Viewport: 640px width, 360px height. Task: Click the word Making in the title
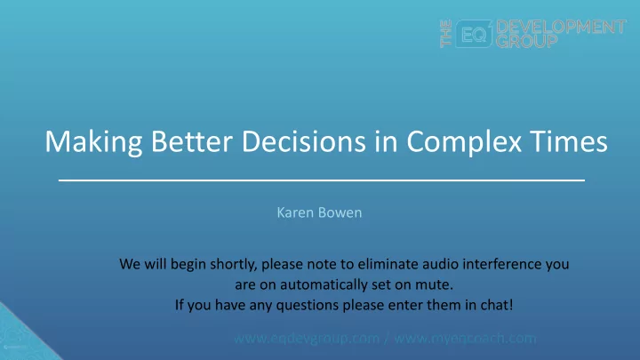[x=93, y=143]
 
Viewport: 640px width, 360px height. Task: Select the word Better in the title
[x=192, y=141]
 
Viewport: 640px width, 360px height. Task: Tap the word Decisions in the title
[x=304, y=141]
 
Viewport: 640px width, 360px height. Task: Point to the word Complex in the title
[x=464, y=143]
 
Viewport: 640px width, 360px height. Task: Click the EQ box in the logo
[x=474, y=34]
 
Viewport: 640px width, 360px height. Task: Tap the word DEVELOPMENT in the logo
[x=561, y=27]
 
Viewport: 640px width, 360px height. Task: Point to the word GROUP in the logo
[x=527, y=41]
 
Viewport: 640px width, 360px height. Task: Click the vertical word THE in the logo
[x=446, y=34]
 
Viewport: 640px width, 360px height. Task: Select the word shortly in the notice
[x=234, y=265]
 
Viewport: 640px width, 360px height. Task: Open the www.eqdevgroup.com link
[x=307, y=339]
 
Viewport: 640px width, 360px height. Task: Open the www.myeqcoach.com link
[x=465, y=339]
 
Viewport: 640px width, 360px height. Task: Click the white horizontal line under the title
[x=322, y=180]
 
